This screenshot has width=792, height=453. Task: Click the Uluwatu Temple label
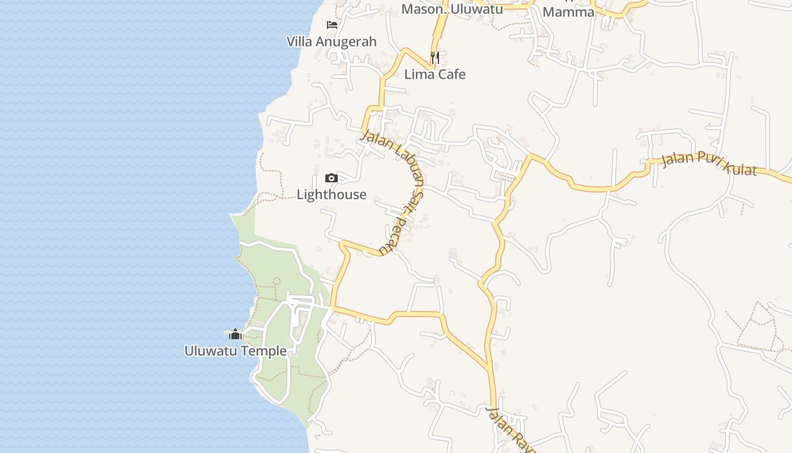(x=235, y=351)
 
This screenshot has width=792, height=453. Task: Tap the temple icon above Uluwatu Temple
(x=235, y=334)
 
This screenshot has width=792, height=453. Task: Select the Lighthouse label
(x=332, y=195)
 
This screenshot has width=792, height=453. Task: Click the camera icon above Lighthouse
(x=332, y=178)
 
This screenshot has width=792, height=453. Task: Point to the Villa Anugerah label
(x=332, y=42)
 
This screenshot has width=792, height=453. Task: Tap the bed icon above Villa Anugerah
(x=332, y=25)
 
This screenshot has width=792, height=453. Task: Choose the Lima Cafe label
(x=435, y=74)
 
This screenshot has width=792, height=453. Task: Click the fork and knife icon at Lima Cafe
(x=435, y=57)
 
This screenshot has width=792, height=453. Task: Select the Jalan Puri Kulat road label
(x=709, y=163)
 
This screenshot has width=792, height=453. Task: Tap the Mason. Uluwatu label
(x=452, y=9)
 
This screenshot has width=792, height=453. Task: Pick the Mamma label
(x=569, y=11)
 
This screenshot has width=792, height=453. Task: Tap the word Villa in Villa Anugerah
(x=300, y=42)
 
